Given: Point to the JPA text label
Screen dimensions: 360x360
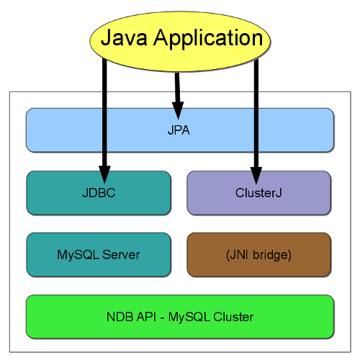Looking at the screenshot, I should tap(180, 131).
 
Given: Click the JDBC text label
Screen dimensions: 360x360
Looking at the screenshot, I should tap(99, 193).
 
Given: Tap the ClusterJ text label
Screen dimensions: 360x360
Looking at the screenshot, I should tap(258, 193).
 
